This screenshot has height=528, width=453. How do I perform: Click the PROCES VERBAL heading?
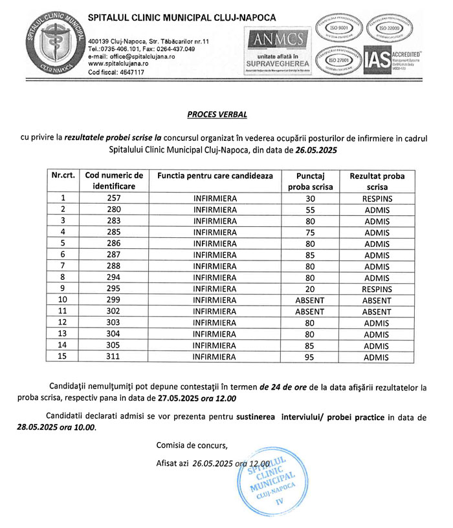217,114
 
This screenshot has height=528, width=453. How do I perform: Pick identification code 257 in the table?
114,198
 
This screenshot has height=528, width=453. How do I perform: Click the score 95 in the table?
309,357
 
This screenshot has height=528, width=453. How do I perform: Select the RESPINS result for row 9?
376,289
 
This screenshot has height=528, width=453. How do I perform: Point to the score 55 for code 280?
309,209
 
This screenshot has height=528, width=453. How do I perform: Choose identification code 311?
114,357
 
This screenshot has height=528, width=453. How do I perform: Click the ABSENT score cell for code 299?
309,301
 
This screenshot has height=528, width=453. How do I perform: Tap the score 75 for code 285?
309,232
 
